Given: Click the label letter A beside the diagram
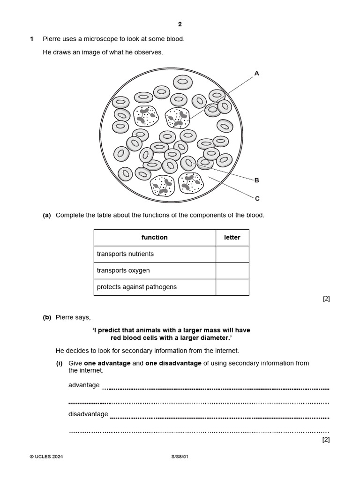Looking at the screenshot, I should coord(256,73).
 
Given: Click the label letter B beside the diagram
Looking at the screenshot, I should coord(256,180).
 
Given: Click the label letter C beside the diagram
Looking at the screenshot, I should coord(257,198).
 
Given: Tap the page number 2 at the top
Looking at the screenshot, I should coord(180,24).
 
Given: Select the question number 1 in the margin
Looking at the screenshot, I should coord(32,39).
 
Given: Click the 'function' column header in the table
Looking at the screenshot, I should coord(154,238).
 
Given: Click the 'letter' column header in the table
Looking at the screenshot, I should coord(232,238).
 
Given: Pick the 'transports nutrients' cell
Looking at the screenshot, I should coord(154,254).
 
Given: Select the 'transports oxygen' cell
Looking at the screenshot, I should coord(154,270).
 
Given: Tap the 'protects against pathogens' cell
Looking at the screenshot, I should coord(154,287).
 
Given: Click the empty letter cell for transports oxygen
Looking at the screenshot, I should coord(232,270).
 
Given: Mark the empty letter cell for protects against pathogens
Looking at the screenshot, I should coord(232,287).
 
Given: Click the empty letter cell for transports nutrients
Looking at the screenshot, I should coord(232,254).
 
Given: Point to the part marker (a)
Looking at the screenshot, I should coord(47,215).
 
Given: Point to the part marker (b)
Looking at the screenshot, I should coord(47,317).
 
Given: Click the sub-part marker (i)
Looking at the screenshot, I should coord(60,363).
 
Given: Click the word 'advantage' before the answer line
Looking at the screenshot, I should coord(84,385).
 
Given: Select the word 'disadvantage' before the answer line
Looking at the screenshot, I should coord(88,414).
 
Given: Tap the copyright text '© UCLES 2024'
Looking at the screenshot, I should coord(46,457).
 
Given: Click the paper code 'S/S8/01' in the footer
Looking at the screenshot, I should coord(180,457).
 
